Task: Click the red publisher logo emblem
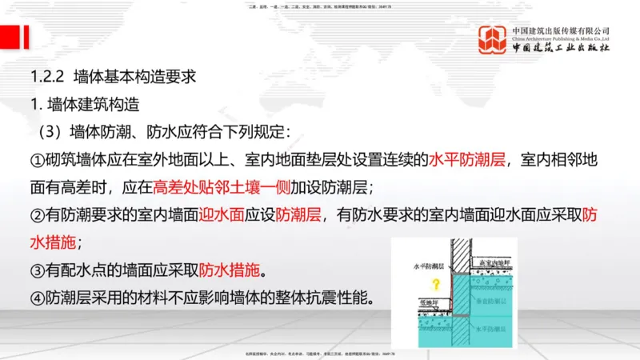pos(493,40)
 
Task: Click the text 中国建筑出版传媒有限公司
pos(561,30)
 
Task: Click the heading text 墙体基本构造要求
pos(134,78)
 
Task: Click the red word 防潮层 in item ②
pos(298,214)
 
